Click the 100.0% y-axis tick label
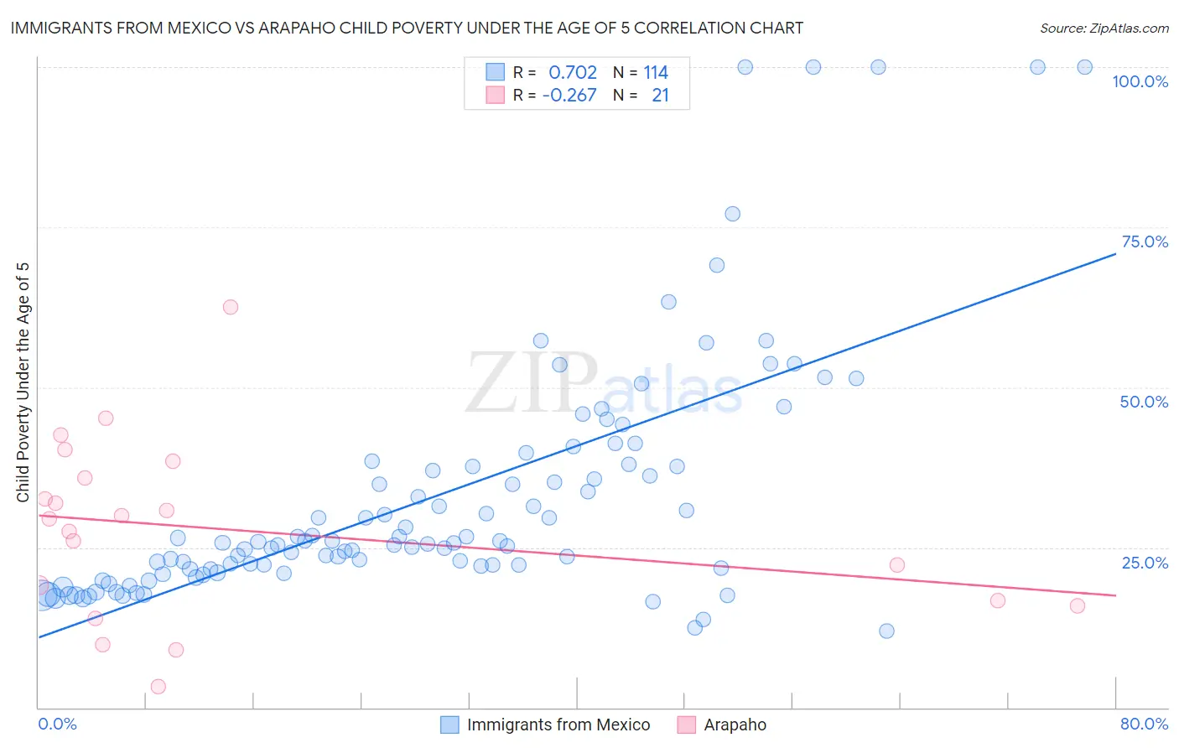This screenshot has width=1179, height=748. pyautogui.click(x=1140, y=81)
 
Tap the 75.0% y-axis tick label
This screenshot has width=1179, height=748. pyautogui.click(x=1145, y=242)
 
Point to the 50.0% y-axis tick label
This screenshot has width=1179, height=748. pyautogui.click(x=1144, y=402)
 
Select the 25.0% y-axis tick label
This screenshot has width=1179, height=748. pyautogui.click(x=1145, y=562)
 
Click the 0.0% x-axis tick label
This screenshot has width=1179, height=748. pyautogui.click(x=57, y=724)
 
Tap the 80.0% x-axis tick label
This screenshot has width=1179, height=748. pyautogui.click(x=1144, y=724)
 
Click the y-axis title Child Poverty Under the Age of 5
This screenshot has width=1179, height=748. pyautogui.click(x=23, y=382)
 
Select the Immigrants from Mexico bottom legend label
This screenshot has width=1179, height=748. pyautogui.click(x=558, y=725)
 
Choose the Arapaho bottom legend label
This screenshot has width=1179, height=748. pyautogui.click(x=735, y=725)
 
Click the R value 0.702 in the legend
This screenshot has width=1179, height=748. pyautogui.click(x=573, y=73)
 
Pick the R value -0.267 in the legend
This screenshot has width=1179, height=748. pyautogui.click(x=569, y=96)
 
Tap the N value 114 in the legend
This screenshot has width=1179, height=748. pyautogui.click(x=656, y=73)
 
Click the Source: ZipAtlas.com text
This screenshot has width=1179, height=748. pyautogui.click(x=1104, y=29)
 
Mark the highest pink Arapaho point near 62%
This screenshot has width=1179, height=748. pyautogui.click(x=231, y=307)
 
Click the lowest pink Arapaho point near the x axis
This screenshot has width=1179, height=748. pyautogui.click(x=158, y=687)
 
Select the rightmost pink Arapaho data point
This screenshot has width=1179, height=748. pyautogui.click(x=1078, y=605)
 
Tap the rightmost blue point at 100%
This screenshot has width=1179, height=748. pyautogui.click(x=1084, y=67)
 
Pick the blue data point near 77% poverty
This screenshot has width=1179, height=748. pyautogui.click(x=732, y=214)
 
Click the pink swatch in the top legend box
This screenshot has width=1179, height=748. pyautogui.click(x=496, y=96)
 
